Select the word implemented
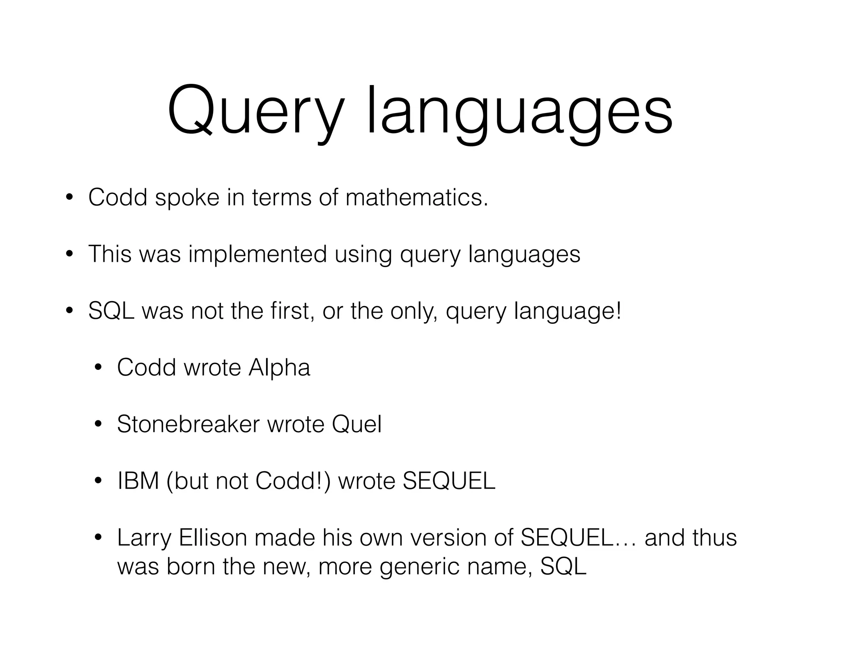click(x=257, y=254)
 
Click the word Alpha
click(x=279, y=367)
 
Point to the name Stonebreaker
click(x=188, y=424)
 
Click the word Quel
click(x=356, y=424)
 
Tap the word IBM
click(x=138, y=481)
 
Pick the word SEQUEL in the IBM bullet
click(x=449, y=481)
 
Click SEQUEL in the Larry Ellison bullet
click(x=567, y=537)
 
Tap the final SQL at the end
click(x=563, y=566)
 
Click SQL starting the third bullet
click(x=111, y=311)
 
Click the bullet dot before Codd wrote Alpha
click(x=98, y=368)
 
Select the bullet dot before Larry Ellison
click(x=98, y=538)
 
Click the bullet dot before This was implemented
click(x=69, y=255)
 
